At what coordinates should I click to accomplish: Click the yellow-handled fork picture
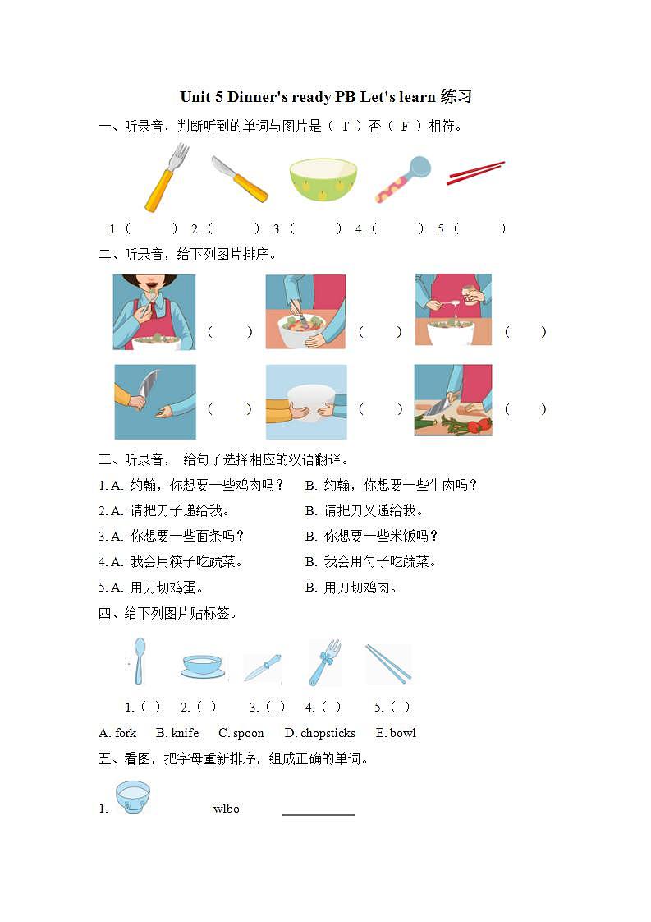click(166, 177)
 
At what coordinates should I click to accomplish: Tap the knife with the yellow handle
click(239, 178)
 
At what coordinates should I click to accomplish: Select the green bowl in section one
click(323, 180)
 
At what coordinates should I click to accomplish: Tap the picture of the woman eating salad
click(154, 312)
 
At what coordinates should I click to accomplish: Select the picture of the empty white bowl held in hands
click(305, 402)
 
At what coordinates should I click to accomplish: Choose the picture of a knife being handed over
click(154, 402)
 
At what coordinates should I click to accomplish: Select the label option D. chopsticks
click(319, 733)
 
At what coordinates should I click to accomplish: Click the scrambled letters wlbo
click(226, 809)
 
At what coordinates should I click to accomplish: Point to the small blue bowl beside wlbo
click(132, 797)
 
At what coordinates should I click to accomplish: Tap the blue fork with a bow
click(324, 662)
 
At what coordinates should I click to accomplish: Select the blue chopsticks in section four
click(387, 663)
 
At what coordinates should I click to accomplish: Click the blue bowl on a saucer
click(202, 666)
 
